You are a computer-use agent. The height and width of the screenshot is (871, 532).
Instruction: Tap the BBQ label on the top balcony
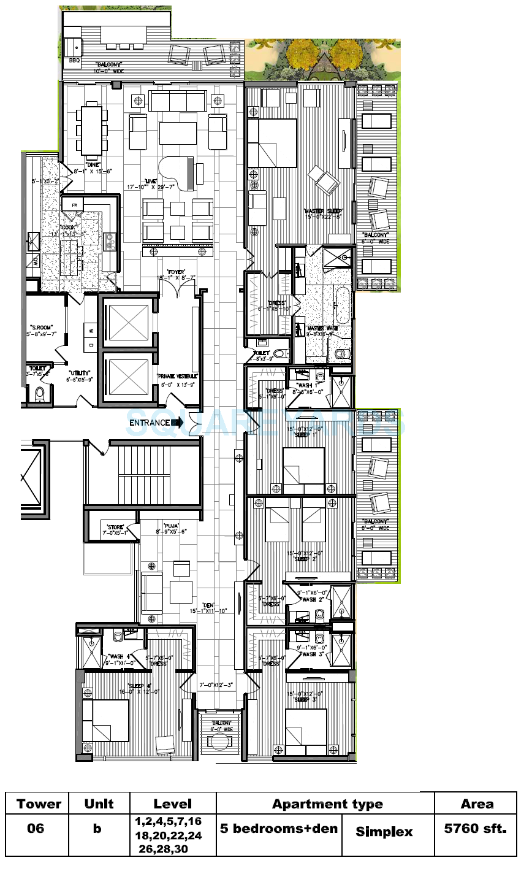click(x=75, y=60)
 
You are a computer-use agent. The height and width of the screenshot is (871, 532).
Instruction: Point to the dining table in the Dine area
click(x=91, y=131)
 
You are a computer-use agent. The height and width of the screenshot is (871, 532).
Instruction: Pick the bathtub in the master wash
click(x=341, y=304)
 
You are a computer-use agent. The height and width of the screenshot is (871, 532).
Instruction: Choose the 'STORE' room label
click(x=115, y=527)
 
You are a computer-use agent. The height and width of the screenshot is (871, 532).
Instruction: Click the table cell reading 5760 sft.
click(x=475, y=829)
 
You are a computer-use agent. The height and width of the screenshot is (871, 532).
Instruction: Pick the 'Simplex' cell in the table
click(x=384, y=832)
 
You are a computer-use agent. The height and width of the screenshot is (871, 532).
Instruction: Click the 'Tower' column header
click(x=39, y=804)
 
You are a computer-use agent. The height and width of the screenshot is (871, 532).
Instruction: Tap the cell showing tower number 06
click(x=36, y=829)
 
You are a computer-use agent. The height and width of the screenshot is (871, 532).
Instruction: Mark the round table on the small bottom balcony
click(x=218, y=742)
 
